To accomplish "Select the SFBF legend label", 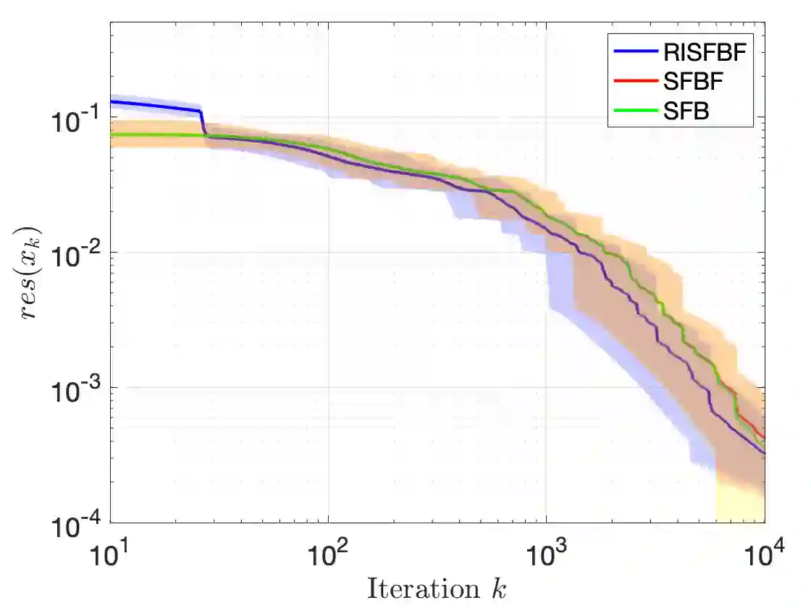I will [693, 82].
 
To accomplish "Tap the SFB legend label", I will [686, 111].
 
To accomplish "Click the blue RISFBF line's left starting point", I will [112, 101].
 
